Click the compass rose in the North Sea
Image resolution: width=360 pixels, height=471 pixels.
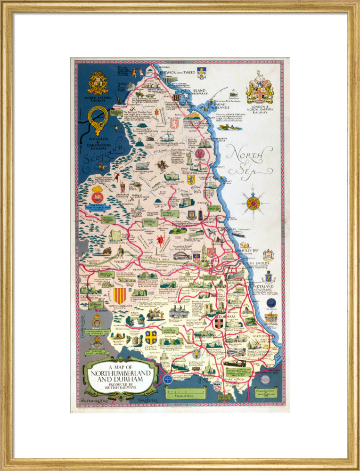click(253, 203)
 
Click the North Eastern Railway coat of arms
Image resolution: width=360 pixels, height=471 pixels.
click(98, 83)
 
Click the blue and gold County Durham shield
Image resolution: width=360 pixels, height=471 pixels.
click(151, 337)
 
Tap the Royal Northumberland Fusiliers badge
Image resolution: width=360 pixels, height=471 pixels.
click(97, 195)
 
